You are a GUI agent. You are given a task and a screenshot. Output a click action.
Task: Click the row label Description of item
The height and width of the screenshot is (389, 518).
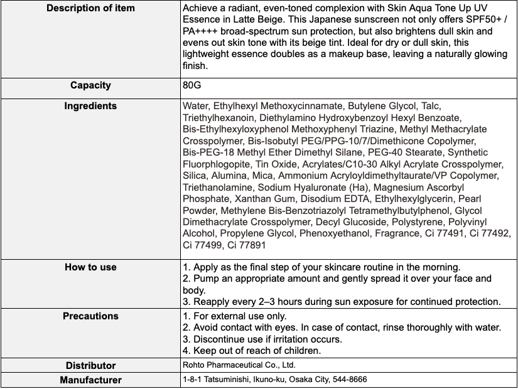(90, 9)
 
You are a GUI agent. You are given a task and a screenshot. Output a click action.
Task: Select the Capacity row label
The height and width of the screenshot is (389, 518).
(90, 85)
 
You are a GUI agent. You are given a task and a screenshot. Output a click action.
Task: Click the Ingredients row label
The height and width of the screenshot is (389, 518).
(90, 106)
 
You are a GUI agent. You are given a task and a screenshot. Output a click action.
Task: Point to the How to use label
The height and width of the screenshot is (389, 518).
(90, 267)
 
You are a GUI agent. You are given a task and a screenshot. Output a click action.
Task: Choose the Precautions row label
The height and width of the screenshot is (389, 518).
(90, 316)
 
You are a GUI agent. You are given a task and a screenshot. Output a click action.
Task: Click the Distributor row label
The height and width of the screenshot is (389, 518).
(90, 365)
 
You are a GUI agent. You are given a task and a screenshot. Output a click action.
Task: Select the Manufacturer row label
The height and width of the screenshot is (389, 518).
(90, 380)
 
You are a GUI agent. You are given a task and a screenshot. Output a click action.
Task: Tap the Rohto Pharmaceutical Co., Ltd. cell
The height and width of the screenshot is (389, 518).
(239, 365)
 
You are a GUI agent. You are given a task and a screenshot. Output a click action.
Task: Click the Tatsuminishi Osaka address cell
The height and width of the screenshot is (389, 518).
(275, 380)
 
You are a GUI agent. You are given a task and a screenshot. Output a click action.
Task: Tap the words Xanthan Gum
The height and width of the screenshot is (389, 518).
(256, 199)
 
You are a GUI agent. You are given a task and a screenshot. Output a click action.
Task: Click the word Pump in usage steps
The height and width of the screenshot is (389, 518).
(205, 279)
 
